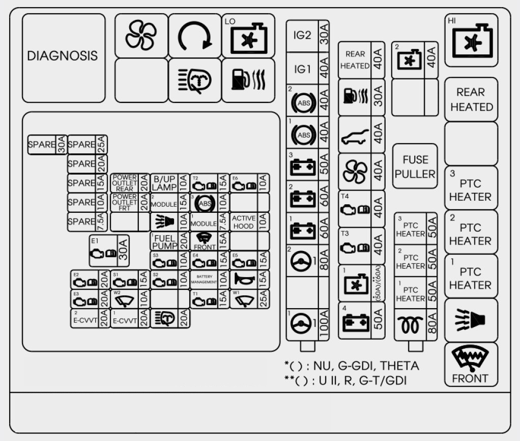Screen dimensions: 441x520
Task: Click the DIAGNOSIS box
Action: [63, 57]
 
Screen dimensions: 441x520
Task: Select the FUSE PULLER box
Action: [415, 167]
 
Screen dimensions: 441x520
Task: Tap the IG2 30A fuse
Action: [307, 36]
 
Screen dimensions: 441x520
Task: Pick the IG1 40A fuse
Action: [307, 69]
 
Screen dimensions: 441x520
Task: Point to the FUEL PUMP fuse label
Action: [164, 241]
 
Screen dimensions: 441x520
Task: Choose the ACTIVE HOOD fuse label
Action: [244, 222]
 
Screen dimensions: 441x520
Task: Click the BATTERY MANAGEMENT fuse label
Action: [204, 279]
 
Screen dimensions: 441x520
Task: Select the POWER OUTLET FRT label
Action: [125, 202]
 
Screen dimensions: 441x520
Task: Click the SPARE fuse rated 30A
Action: [47, 145]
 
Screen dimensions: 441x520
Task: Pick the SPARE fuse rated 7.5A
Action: [87, 222]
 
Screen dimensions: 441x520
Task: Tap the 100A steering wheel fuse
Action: [307, 322]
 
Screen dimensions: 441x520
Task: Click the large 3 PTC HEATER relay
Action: [471, 188]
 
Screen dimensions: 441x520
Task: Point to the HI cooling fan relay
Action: [471, 41]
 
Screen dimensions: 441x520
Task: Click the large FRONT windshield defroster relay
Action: [471, 365]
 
